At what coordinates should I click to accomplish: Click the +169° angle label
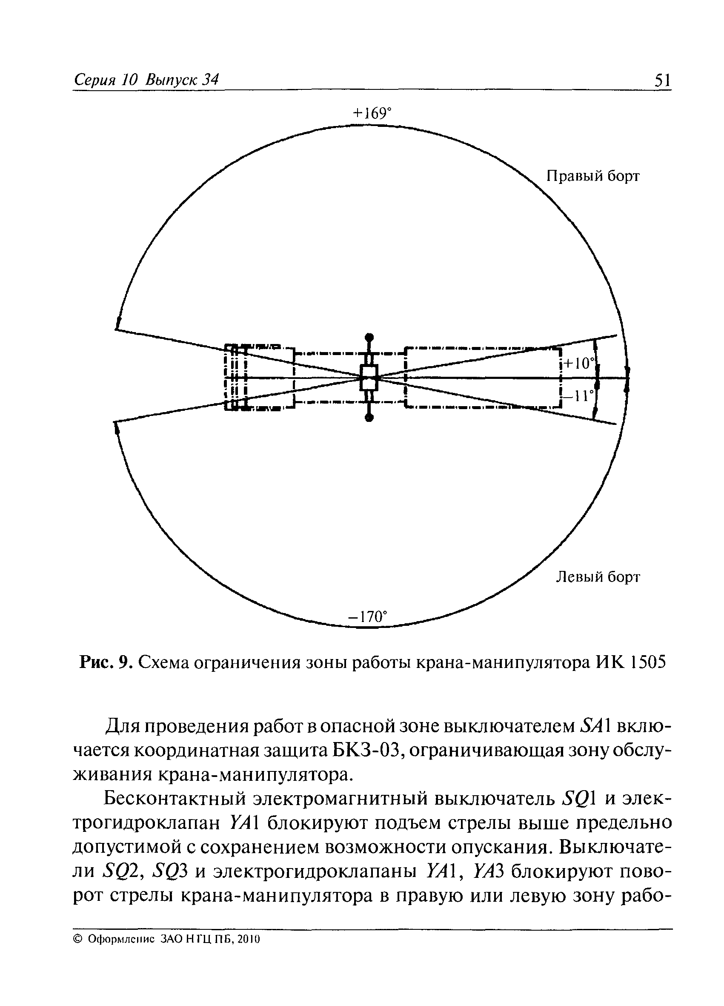(372, 114)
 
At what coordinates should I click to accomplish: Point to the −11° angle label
(581, 395)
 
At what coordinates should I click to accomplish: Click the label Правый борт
(593, 176)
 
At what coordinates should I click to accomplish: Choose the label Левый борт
(598, 577)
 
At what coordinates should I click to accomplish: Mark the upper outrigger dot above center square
(369, 337)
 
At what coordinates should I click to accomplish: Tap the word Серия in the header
(94, 80)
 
